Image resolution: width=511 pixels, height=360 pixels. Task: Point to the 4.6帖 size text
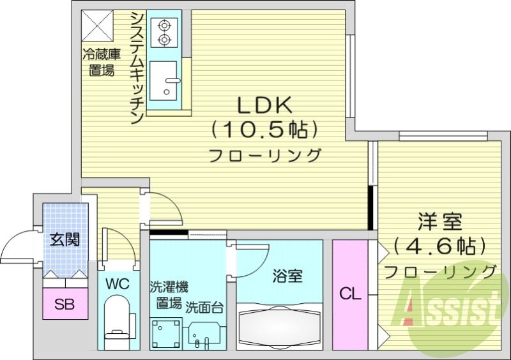(439, 246)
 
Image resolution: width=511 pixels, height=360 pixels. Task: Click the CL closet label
(350, 294)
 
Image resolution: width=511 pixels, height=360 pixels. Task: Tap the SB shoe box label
(64, 304)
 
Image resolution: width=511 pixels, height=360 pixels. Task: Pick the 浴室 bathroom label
(287, 276)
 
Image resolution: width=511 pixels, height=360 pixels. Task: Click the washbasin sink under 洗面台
(205, 333)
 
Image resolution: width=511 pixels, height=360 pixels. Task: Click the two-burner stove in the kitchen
(164, 33)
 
